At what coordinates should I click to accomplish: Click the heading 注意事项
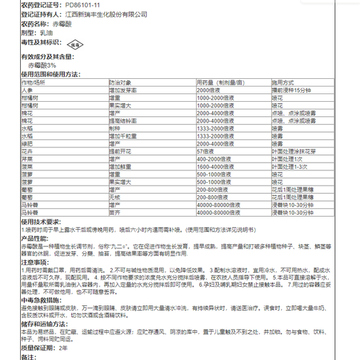[x=35, y=262]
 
